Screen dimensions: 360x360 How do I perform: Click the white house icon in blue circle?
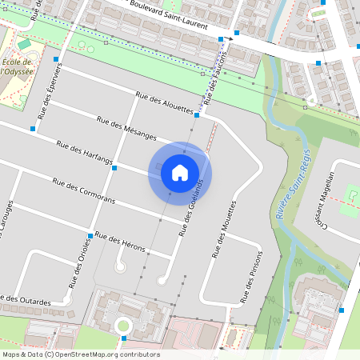180,172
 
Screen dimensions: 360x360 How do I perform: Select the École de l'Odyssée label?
17,66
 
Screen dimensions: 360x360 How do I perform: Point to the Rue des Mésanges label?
126,129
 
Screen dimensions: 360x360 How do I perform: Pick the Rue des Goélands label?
189,207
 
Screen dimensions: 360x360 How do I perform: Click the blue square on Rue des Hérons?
90,235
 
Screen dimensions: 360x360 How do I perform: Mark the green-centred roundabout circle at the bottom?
122,325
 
